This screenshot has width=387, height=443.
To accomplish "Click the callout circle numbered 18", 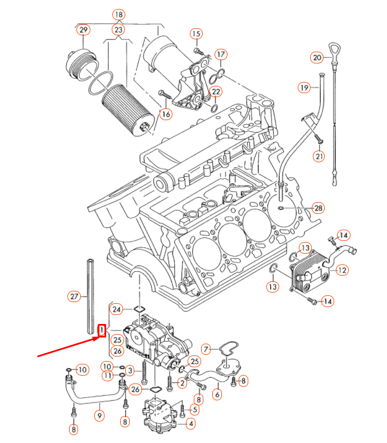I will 118,14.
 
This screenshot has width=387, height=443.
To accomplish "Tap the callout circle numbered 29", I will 84,29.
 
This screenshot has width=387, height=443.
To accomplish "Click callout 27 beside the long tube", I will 74,295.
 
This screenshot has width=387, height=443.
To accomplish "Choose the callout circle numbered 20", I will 317,57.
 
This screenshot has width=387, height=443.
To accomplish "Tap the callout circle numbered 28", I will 318,208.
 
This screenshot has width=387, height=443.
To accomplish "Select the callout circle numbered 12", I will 342,270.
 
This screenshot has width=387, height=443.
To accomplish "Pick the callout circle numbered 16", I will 165,114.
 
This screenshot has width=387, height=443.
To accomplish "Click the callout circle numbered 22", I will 216,92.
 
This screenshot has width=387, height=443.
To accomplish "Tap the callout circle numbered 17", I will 221,54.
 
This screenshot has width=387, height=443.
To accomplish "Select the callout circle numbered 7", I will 206,350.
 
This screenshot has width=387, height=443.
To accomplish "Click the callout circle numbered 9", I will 99,416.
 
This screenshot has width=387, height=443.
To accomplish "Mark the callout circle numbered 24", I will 116,309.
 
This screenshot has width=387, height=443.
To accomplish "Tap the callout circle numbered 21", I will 319,156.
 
